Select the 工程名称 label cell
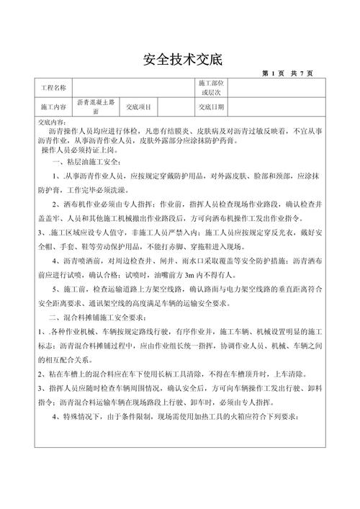53,88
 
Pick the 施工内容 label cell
53,107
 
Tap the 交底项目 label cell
139,107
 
